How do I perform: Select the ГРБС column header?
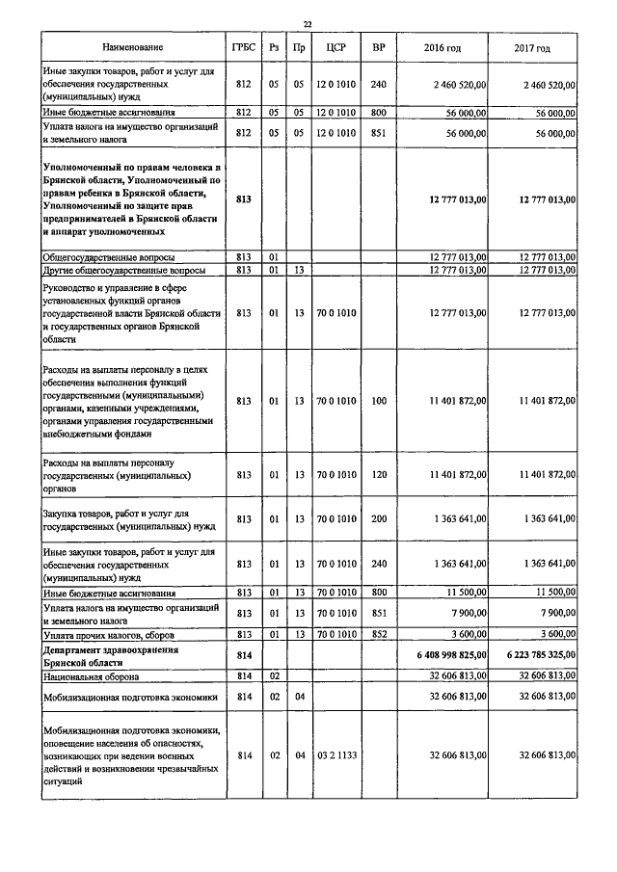[243, 47]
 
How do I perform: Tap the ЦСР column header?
[336, 47]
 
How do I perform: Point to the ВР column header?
[378, 47]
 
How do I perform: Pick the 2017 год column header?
[532, 47]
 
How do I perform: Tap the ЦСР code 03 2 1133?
[336, 756]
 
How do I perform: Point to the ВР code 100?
[378, 401]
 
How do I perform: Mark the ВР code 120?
[378, 475]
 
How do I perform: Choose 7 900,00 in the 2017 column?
[555, 612]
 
